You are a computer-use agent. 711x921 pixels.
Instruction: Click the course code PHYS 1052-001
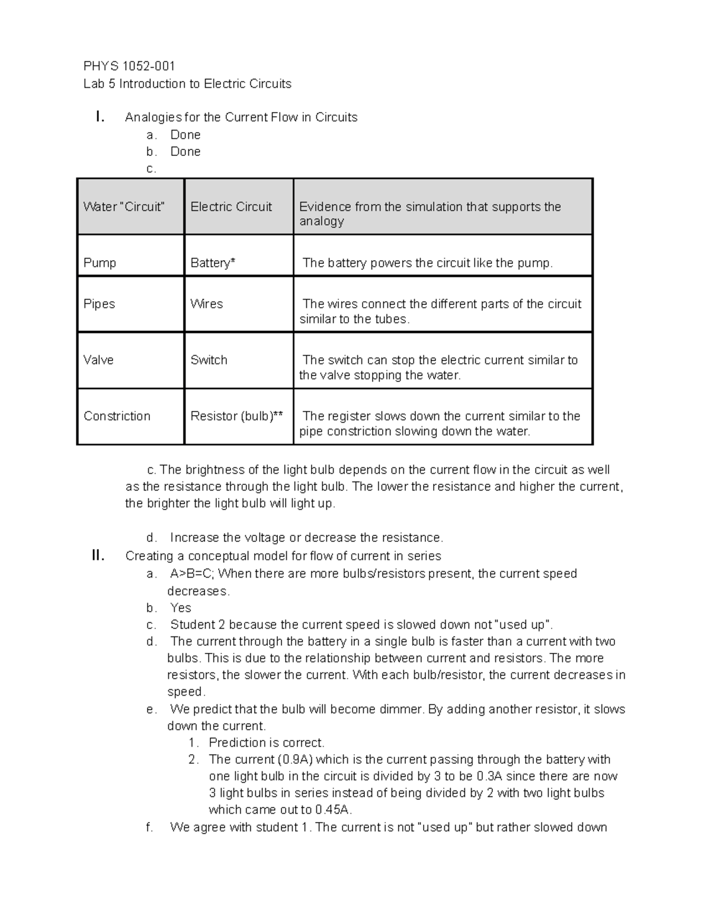click(x=129, y=66)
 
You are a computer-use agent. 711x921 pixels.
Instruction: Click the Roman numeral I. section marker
click(x=100, y=117)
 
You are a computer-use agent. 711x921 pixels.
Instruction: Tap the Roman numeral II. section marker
click(x=98, y=556)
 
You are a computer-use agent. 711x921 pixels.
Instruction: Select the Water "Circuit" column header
click(x=124, y=207)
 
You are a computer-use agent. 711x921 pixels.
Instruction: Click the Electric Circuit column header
click(x=231, y=207)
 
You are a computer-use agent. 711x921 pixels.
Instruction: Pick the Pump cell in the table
click(x=100, y=263)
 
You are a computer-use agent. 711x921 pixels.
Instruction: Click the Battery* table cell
click(x=213, y=263)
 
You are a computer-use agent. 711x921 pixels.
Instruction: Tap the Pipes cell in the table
click(x=99, y=304)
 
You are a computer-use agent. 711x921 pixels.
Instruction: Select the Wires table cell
click(x=206, y=304)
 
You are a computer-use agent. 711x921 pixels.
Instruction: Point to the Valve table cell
click(x=98, y=360)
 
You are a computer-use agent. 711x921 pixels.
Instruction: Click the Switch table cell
click(x=209, y=360)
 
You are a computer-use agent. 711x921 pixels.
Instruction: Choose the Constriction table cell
click(x=117, y=416)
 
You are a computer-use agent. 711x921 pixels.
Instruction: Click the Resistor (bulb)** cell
click(x=236, y=416)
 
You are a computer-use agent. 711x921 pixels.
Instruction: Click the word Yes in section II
click(x=181, y=608)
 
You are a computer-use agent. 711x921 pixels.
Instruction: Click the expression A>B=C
click(x=192, y=573)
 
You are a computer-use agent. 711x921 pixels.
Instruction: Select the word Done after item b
click(x=185, y=152)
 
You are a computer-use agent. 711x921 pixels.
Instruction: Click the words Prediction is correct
click(x=267, y=743)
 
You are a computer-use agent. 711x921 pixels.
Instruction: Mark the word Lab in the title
click(x=94, y=84)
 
